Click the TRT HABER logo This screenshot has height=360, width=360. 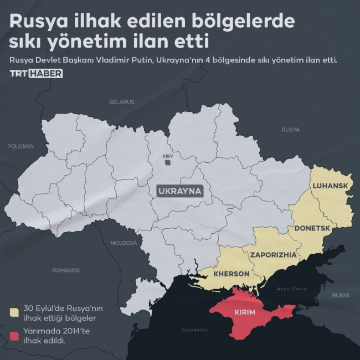(35, 74)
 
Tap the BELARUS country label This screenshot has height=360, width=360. (121, 102)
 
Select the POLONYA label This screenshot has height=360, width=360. (20, 146)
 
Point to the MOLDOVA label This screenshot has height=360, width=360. (123, 243)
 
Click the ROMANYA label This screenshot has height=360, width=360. (66, 270)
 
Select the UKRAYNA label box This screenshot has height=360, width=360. (180, 192)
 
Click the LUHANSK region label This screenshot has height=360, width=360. (330, 186)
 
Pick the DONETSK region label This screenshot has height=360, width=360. (312, 228)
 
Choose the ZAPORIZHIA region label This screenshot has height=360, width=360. (273, 255)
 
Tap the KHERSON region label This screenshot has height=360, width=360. (232, 274)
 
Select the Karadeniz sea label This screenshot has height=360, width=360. (194, 330)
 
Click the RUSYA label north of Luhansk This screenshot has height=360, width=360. (290, 130)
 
